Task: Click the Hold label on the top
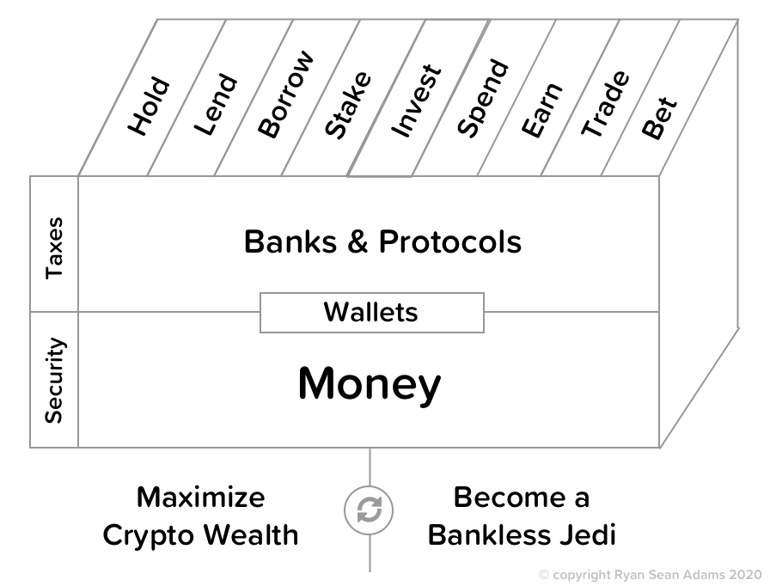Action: coord(150,107)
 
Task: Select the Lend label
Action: coord(215,107)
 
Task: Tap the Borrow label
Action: coord(286,95)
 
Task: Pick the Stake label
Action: coord(349,105)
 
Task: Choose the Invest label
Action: coord(416,101)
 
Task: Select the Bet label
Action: coord(660,118)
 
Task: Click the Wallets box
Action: coord(371,312)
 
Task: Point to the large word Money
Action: coord(369,385)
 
